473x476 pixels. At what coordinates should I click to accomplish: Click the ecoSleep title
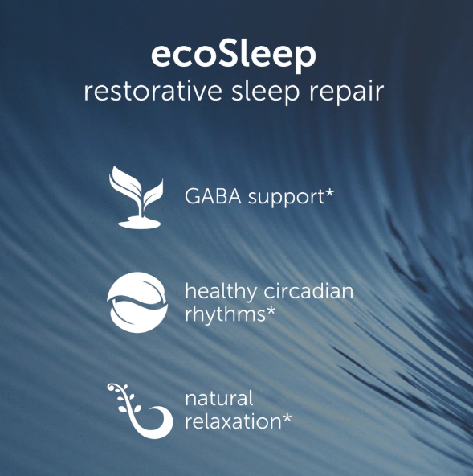coord(234,55)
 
